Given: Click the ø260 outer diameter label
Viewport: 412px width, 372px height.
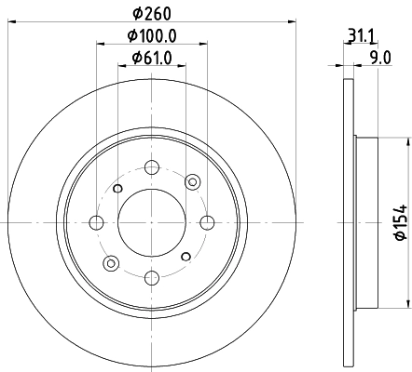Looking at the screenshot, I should pos(151,13).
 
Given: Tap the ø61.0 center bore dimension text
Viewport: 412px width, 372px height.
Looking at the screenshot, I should pos(151,61).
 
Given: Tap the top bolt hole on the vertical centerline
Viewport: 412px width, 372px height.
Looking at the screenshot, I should pos(151,167).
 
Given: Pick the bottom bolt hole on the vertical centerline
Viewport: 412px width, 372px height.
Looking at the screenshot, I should pos(151,276).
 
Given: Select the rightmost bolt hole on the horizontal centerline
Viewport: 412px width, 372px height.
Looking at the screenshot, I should pos(206,222).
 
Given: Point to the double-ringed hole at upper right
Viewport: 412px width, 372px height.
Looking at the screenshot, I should pos(193,180).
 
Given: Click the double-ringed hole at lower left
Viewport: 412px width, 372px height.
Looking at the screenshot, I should pos(110,263).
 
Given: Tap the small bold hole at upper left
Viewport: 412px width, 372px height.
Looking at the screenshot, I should pos(117,189).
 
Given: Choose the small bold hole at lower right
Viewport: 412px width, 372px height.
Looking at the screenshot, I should pos(185,256).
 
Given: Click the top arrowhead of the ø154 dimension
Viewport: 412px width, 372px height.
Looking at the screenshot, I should pos(407,139).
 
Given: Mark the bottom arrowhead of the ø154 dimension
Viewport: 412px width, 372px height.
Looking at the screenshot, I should pos(407,304).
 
